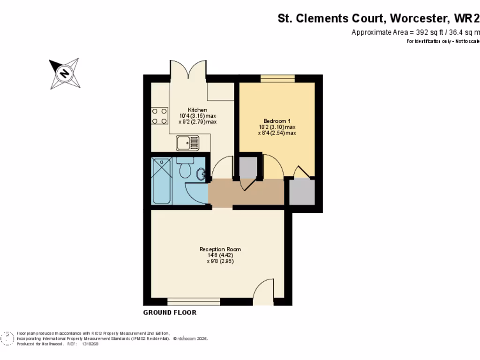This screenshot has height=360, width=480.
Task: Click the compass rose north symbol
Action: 64,73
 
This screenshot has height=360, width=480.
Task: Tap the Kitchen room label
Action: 197,110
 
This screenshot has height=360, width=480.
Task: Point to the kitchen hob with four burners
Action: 160,116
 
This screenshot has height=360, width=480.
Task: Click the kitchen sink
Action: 187,142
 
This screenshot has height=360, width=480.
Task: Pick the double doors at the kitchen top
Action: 188,69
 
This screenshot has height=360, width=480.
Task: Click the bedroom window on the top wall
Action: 277,78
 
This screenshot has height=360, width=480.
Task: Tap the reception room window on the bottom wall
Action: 194,301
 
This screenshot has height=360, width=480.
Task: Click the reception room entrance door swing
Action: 263,289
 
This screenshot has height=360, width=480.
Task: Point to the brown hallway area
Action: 246,192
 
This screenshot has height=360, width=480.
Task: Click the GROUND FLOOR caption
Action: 170,313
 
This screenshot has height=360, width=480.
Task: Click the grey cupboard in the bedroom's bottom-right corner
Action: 301,191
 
